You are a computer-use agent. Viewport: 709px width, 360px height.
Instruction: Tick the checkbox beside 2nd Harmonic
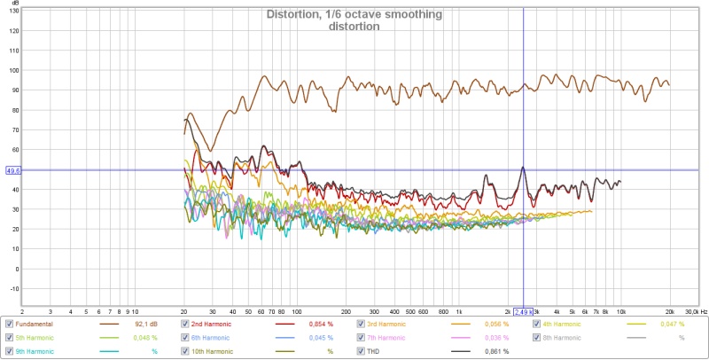point(184,325)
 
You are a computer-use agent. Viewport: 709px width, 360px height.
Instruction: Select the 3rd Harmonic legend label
point(390,325)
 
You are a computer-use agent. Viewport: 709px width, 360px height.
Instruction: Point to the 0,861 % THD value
point(496,351)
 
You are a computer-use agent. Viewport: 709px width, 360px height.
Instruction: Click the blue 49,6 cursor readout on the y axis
point(12,170)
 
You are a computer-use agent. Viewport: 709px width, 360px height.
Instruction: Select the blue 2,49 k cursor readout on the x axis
point(523,312)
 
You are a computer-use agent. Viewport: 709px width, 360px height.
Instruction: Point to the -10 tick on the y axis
point(13,289)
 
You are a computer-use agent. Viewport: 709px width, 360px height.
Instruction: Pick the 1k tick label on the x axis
point(458,312)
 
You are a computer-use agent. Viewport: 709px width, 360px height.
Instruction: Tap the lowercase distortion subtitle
point(354,27)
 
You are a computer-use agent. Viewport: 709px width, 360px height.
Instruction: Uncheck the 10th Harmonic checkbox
point(184,351)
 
